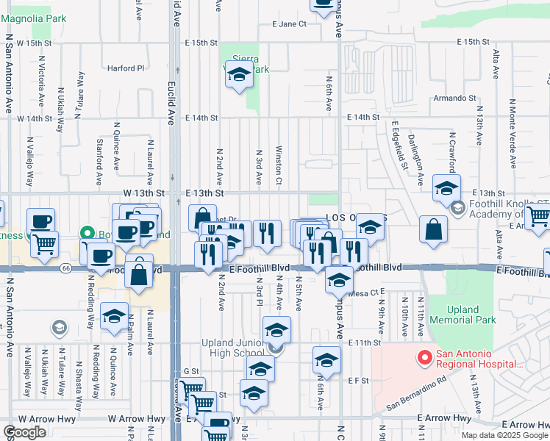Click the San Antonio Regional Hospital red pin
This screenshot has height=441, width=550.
[424, 359]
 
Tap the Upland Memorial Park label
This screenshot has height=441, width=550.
[463, 315]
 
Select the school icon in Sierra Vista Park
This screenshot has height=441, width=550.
[239, 76]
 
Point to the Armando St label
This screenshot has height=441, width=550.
[454, 98]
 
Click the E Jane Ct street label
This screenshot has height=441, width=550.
[288, 24]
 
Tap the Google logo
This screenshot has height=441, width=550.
[25, 431]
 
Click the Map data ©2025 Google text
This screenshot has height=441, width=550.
[504, 435]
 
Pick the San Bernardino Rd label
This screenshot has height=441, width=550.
[416, 392]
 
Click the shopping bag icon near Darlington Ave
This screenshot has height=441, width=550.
[434, 229]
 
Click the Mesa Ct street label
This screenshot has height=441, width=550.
[361, 293]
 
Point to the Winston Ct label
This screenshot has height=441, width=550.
[279, 167]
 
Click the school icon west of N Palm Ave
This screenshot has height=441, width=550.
[114, 317]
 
